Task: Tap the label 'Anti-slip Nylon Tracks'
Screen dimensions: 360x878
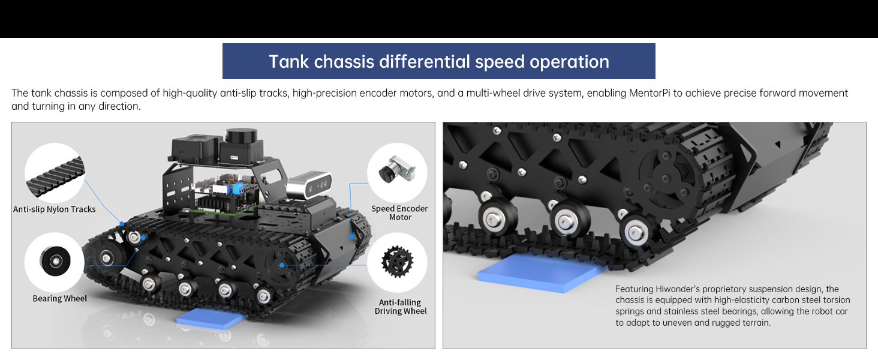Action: coord(55,209)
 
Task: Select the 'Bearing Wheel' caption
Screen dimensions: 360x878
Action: coord(59,298)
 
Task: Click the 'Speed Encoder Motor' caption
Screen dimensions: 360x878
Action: coord(399,213)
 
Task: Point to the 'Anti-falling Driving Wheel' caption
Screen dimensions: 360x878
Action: coord(401,307)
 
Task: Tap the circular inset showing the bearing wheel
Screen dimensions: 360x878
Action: coord(55,262)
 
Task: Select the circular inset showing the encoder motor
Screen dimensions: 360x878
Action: coord(396,172)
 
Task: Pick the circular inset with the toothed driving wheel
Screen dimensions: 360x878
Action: coord(396,262)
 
